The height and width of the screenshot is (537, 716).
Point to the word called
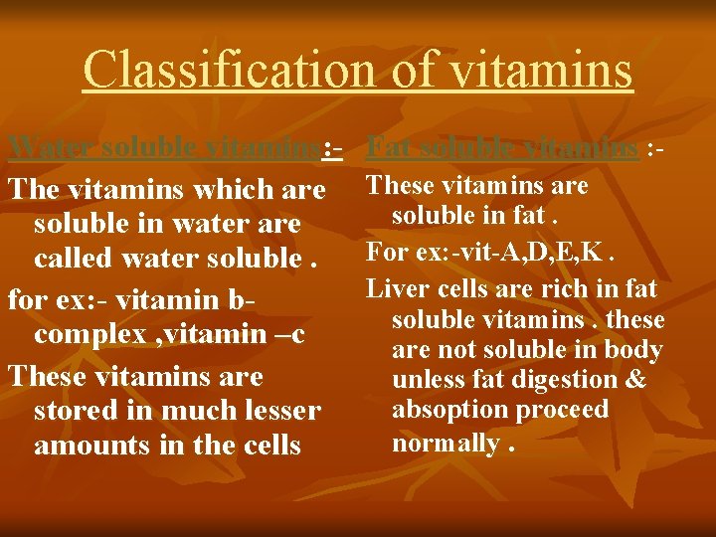tap(74, 258)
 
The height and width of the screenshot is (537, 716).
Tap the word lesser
tap(278, 410)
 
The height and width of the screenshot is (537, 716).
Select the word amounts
tap(92, 444)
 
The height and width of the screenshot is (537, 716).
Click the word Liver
tap(393, 288)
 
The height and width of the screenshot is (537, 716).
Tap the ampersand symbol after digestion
tap(636, 379)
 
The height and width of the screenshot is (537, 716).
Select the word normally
tap(446, 443)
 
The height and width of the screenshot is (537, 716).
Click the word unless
tap(425, 379)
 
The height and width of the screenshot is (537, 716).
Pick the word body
tap(634, 349)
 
